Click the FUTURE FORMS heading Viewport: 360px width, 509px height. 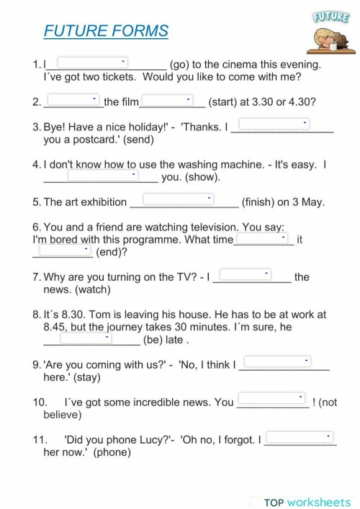pyautogui.click(x=106, y=31)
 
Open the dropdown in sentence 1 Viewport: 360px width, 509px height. pyautogui.click(x=93, y=63)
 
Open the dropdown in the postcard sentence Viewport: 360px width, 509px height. pyautogui.click(x=274, y=124)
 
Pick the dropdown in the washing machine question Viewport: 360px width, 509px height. pyautogui.click(x=102, y=174)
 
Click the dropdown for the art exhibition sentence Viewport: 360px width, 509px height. pyautogui.click(x=179, y=198)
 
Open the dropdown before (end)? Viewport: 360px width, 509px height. pyautogui.click(x=65, y=250)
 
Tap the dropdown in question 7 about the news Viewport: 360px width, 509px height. pyautogui.click(x=245, y=274)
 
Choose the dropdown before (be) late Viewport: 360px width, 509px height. pyautogui.click(x=86, y=337)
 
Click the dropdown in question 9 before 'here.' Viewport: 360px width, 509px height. pyautogui.click(x=277, y=361)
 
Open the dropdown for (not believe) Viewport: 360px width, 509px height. pyautogui.click(x=271, y=397)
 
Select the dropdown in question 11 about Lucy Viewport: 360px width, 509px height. pyautogui.click(x=300, y=436)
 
